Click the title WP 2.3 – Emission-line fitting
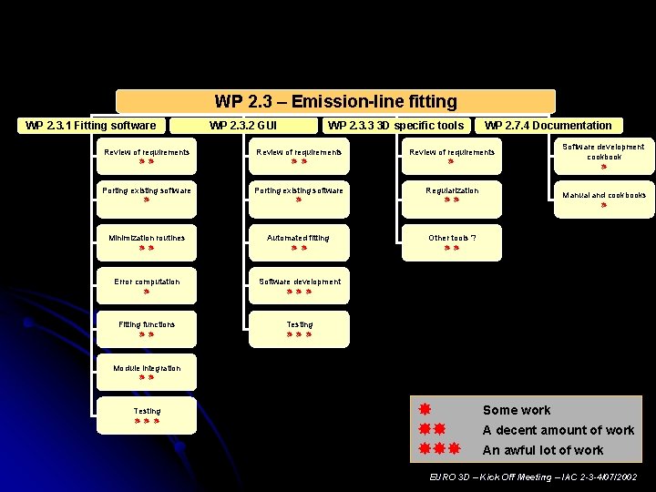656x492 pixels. pos(335,101)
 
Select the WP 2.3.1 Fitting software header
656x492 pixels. pos(90,126)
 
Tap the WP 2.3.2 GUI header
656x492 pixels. pos(243,126)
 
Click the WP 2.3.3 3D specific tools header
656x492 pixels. pos(395,126)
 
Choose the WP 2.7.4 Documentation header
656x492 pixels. pos(548,126)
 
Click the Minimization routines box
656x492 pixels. pos(147,242)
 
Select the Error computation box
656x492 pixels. pos(147,286)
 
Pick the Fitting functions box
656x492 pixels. pos(147,329)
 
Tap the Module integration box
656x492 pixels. pos(147,373)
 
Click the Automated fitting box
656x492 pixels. pos(299,242)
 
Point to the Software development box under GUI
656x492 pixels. pos(299,286)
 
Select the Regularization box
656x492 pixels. pos(452,195)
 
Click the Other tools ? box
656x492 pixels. pos(452,242)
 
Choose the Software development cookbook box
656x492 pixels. pos(603,156)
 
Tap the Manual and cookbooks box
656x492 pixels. pos(603,199)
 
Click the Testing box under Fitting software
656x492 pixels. pos(147,415)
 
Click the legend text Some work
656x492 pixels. pos(517,410)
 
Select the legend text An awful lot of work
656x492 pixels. pos(542,450)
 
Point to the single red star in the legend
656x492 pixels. pos(424,409)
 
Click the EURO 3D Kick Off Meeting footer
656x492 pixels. pos(533,477)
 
